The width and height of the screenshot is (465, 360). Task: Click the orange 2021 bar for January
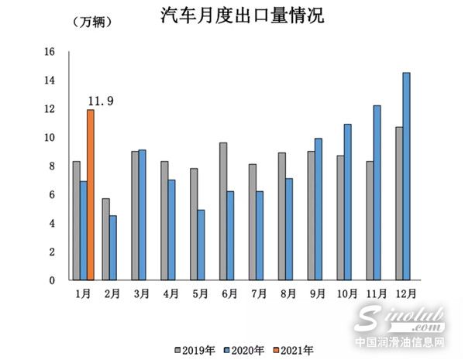[91, 195]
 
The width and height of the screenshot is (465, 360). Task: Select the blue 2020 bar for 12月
[407, 177]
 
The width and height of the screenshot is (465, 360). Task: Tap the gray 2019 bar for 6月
[223, 211]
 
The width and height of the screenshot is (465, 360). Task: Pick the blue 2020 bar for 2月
[113, 248]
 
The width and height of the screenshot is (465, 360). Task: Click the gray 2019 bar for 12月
[399, 204]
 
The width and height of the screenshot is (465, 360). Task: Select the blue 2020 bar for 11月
[377, 193]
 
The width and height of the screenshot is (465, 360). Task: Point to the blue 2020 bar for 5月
[201, 245]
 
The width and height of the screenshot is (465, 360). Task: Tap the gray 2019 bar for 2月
[105, 239]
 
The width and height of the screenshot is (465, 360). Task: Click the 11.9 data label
[101, 101]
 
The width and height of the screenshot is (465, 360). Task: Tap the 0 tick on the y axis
[52, 280]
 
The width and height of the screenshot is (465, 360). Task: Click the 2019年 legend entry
[191, 349]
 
